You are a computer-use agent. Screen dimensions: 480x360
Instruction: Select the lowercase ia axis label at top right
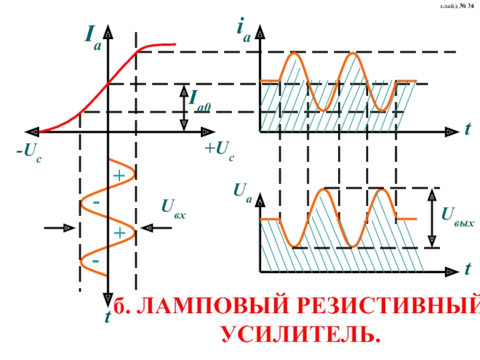(x=243, y=30)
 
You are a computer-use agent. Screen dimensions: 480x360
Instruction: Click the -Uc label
(x=28, y=151)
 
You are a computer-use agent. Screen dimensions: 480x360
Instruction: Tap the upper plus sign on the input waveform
(x=119, y=176)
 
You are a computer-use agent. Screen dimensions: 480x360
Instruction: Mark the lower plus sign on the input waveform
(x=119, y=233)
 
